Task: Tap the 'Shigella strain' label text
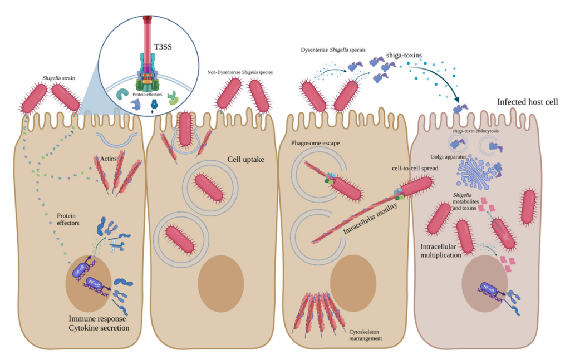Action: tap(61, 78)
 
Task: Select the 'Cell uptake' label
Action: tap(245, 159)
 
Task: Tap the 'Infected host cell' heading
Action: tap(528, 102)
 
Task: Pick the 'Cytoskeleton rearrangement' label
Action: tap(366, 333)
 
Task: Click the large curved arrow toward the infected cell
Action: tap(445, 83)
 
